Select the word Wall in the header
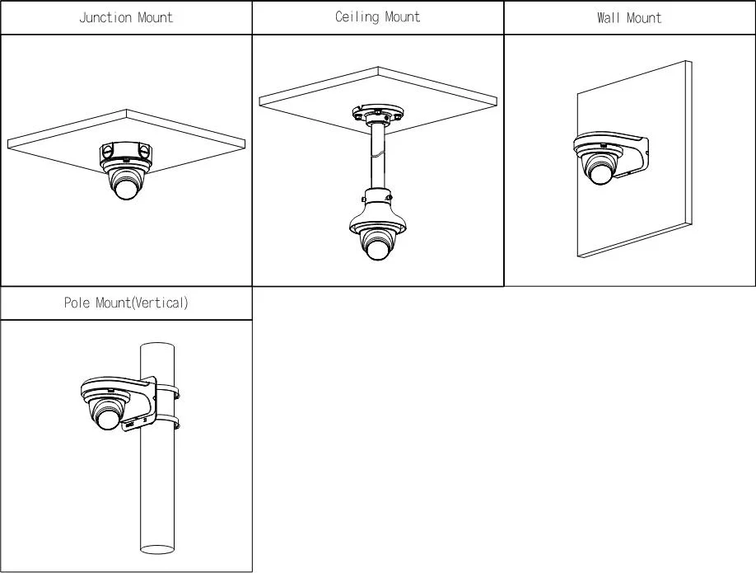pos(608,17)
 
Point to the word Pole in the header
pos(77,303)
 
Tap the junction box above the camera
pos(126,153)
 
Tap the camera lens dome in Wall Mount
pos(599,170)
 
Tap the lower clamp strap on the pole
pos(169,425)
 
